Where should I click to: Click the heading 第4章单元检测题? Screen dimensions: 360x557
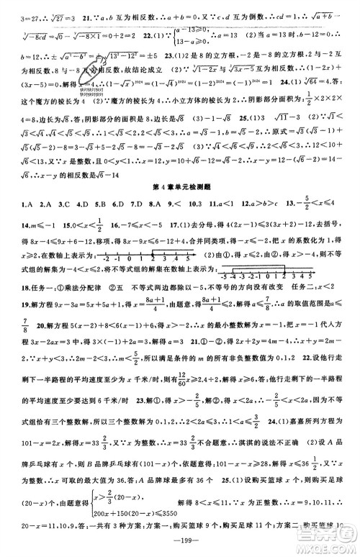pyautogui.click(x=180, y=186)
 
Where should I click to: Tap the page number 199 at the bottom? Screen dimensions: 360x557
pyautogui.click(x=180, y=544)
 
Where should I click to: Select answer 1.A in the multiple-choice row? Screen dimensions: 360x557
pyautogui.click(x=11, y=205)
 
